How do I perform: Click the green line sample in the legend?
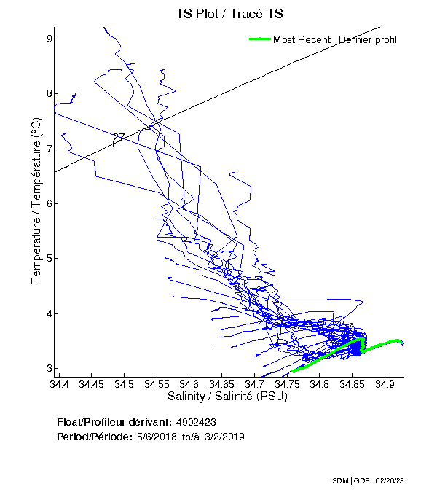260,39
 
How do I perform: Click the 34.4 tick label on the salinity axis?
58,383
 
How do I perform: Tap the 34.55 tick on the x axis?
157,383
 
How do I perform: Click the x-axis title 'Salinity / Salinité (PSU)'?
228,397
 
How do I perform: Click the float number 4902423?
196,422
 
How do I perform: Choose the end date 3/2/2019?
223,437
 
